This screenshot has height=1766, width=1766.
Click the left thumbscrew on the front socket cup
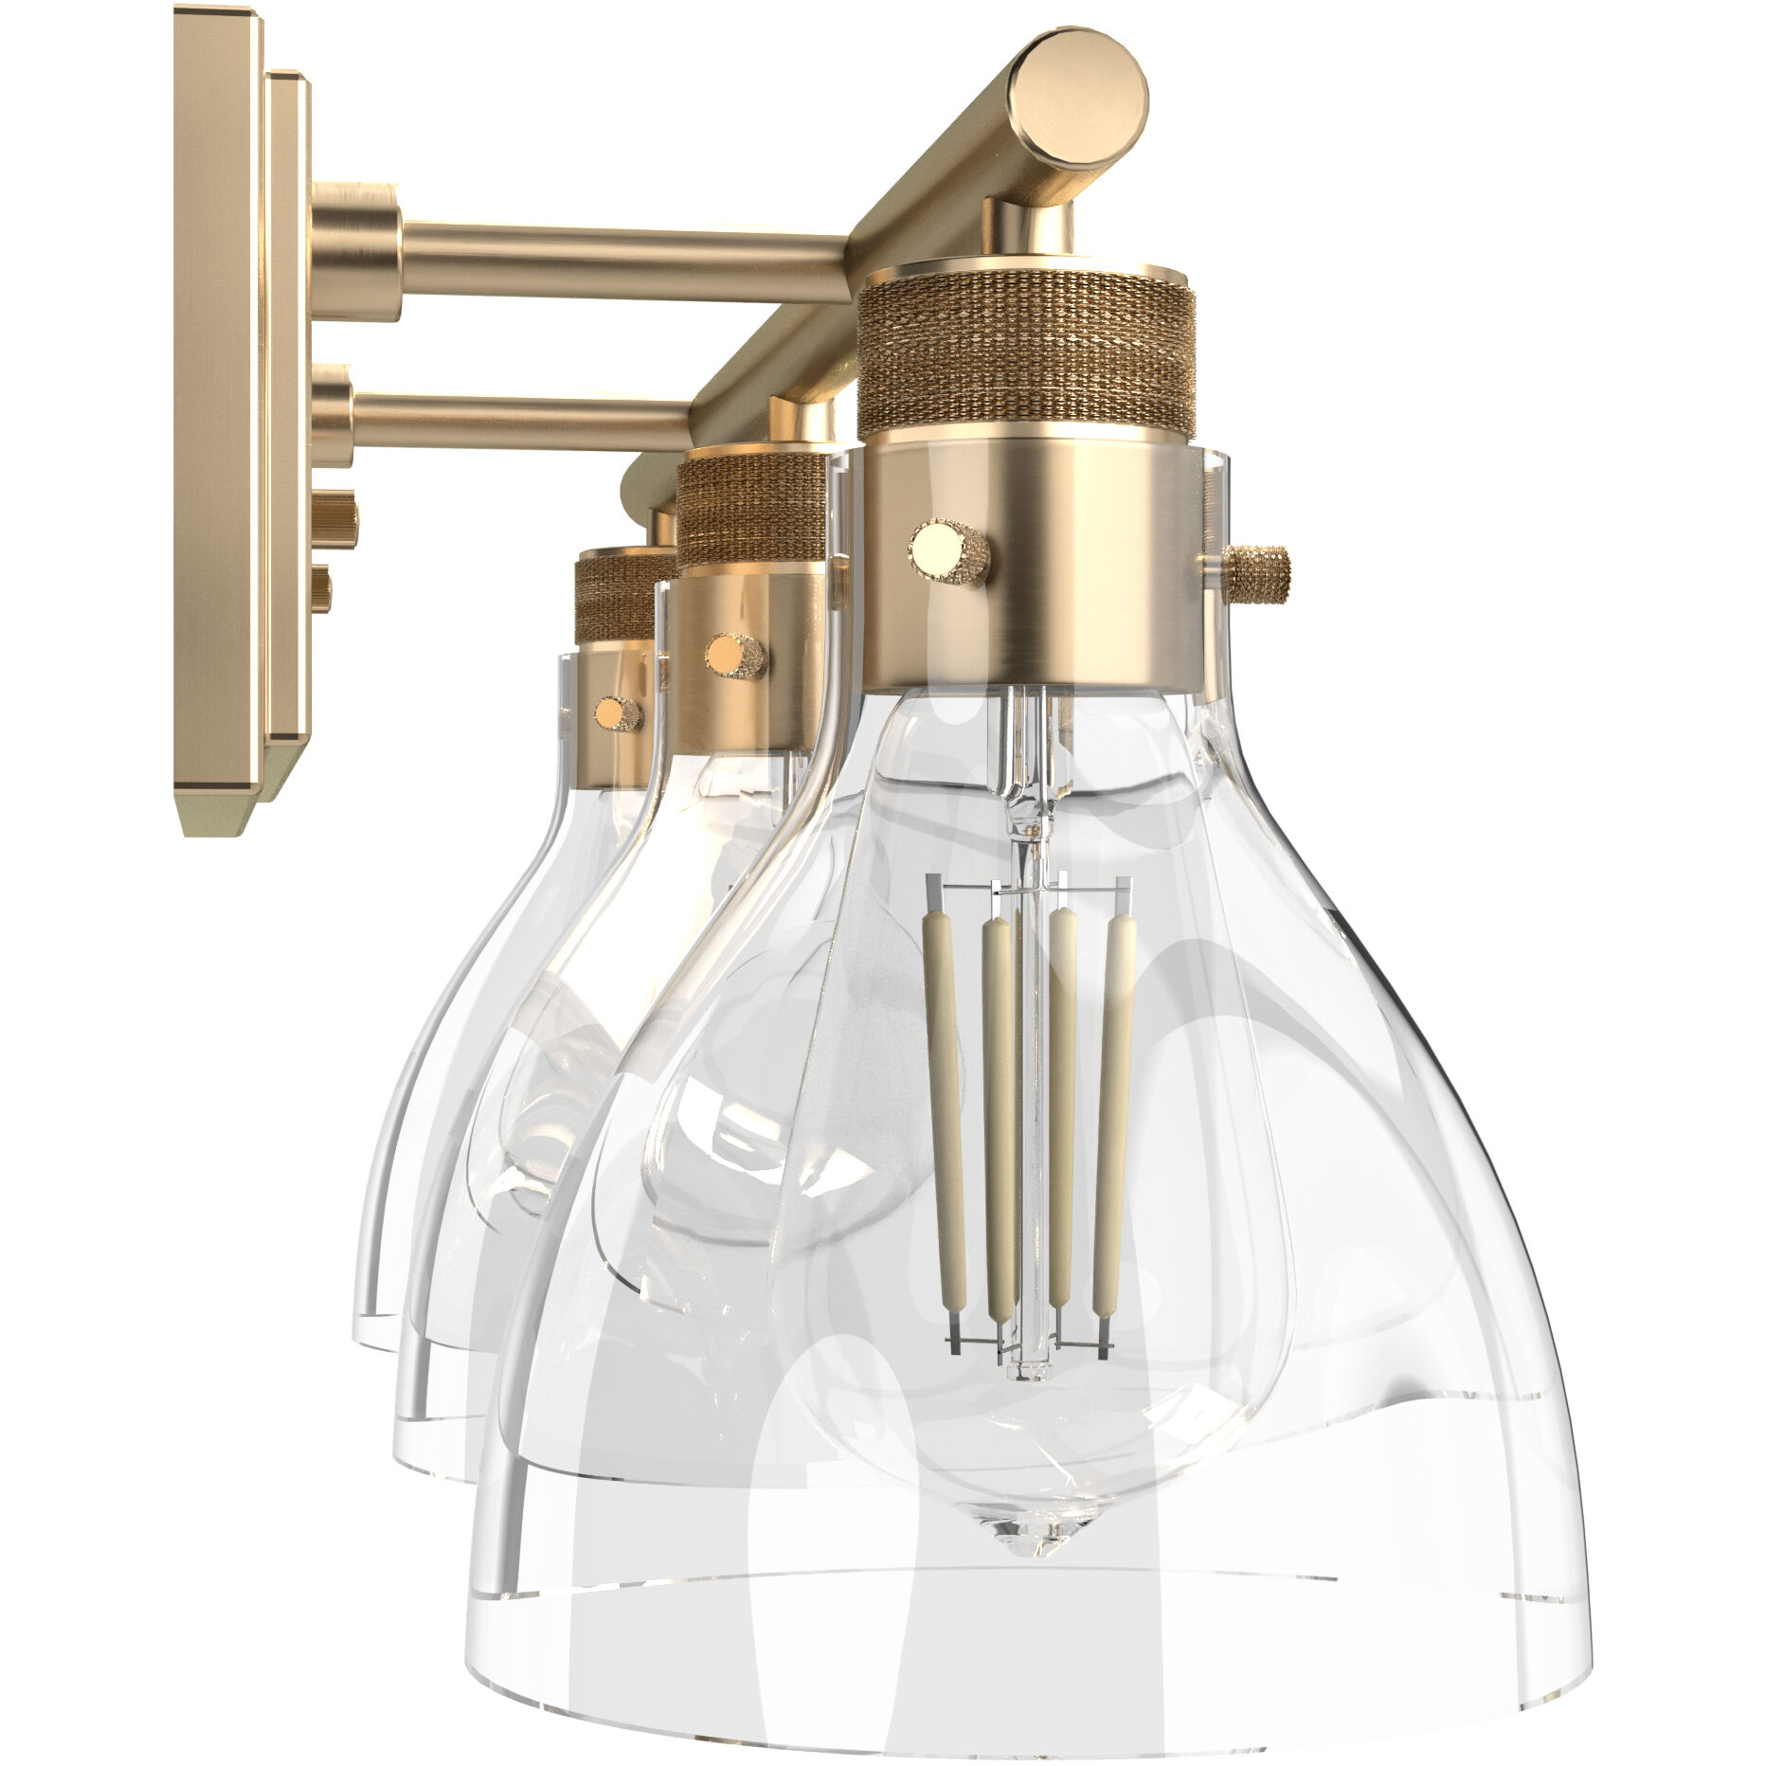(950, 550)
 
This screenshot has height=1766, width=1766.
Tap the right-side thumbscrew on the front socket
(1256, 571)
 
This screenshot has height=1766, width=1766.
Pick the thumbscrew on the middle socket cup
(735, 655)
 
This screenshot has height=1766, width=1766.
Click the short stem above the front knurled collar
(1029, 227)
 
